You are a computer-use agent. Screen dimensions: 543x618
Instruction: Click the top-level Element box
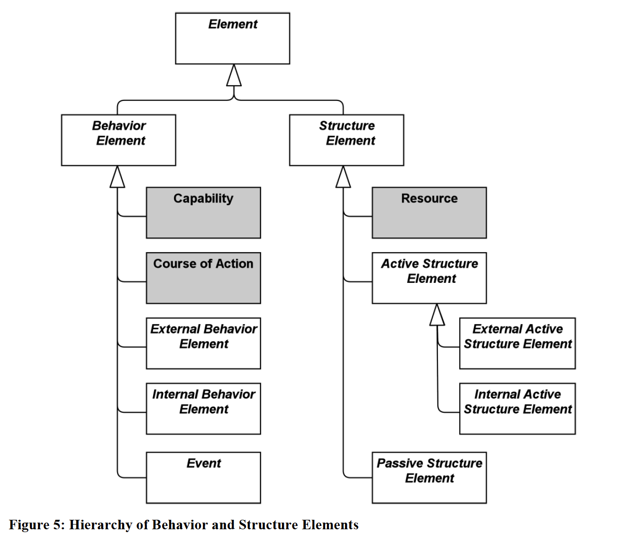[232, 38]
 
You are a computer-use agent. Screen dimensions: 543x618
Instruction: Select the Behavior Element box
[118, 140]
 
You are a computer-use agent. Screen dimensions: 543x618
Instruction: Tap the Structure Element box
[346, 140]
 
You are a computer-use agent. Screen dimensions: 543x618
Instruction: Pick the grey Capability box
[203, 213]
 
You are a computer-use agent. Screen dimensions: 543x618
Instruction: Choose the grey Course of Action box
[203, 278]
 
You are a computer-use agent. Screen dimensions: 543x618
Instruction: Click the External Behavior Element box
[203, 344]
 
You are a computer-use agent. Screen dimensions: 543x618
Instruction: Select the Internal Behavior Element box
[203, 408]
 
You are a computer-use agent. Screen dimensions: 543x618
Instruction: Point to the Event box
[203, 478]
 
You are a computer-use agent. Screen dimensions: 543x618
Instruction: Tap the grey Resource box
[429, 213]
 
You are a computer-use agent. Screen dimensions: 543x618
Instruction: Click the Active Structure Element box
[429, 278]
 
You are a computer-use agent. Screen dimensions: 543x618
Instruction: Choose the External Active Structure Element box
[518, 344]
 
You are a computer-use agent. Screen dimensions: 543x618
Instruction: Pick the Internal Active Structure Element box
[518, 408]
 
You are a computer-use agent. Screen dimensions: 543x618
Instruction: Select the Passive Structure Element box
[429, 478]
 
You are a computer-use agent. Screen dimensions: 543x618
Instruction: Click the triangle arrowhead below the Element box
[234, 77]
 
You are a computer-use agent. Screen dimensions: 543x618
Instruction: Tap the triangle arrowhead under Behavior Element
[118, 178]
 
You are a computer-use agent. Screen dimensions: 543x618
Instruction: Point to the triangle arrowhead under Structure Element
[343, 178]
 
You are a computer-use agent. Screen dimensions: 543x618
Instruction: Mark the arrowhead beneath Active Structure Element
[437, 316]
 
